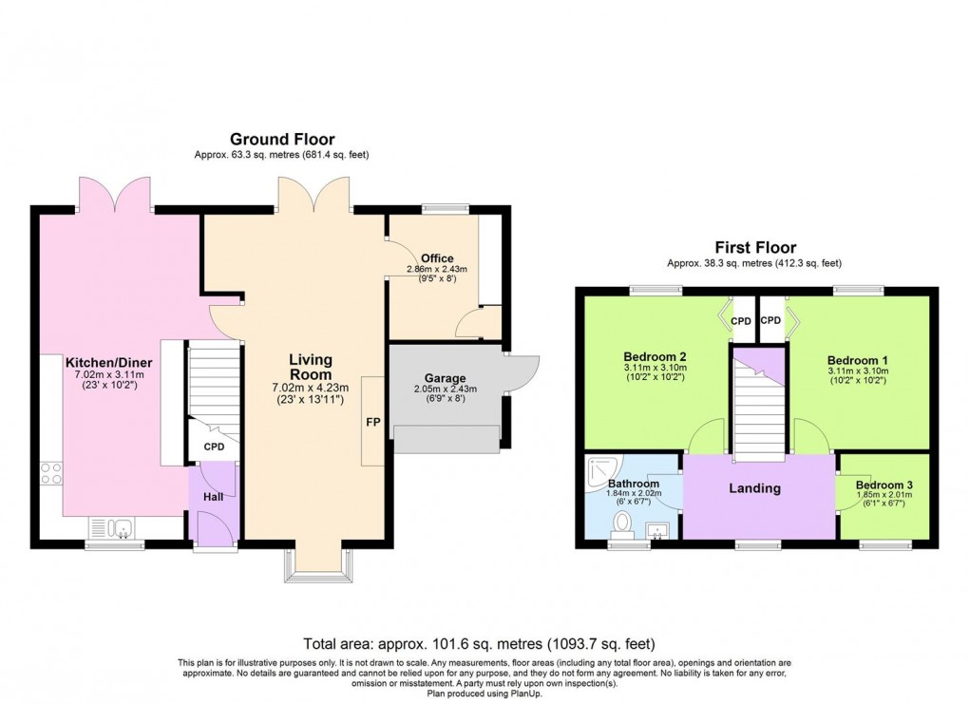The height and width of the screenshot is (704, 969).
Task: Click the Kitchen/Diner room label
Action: [x=108, y=362]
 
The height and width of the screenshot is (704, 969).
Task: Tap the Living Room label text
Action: [x=311, y=366]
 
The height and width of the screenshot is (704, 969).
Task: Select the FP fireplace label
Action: [x=373, y=421]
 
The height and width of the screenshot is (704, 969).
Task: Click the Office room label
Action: [x=437, y=258]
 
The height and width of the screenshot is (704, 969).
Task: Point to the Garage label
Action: [x=444, y=376]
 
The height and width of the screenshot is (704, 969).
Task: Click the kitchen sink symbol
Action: [x=111, y=526]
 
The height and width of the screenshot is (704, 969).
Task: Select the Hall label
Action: [x=213, y=497]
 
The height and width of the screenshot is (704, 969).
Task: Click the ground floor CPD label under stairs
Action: [x=214, y=447]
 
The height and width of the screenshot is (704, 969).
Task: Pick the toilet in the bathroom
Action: [x=624, y=523]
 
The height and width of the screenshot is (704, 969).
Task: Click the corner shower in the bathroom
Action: [x=600, y=466]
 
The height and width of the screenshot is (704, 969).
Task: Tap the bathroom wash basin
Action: [x=657, y=529]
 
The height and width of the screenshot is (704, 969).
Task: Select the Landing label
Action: [x=754, y=488]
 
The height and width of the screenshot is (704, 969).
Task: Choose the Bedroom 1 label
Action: [x=857, y=360]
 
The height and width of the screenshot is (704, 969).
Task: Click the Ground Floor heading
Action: [x=282, y=140]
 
